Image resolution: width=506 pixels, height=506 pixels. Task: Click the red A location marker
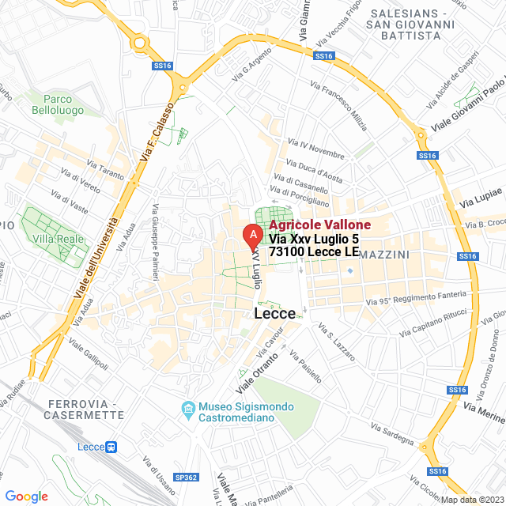click(x=252, y=236)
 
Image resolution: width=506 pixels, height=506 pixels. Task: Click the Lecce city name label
click(x=275, y=314)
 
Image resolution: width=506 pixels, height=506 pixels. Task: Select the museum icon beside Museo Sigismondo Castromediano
click(x=188, y=408)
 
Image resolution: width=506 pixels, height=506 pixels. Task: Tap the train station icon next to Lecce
click(x=111, y=447)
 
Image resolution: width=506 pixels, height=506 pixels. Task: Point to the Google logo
click(x=26, y=496)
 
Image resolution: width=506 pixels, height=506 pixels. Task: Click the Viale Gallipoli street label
click(x=89, y=355)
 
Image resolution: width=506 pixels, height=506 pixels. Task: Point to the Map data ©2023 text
click(x=470, y=499)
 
